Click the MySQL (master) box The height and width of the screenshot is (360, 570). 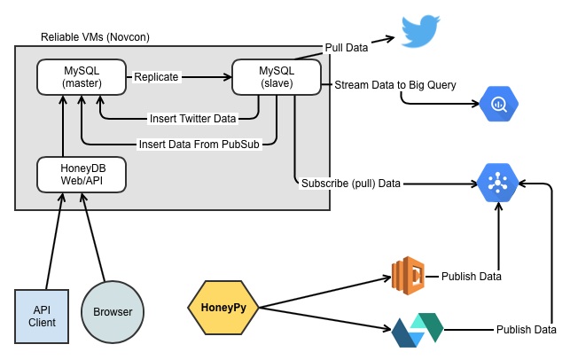pyautogui.click(x=82, y=77)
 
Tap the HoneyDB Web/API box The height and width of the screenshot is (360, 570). pyautogui.click(x=82, y=174)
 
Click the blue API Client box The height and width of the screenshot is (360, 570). pyautogui.click(x=42, y=316)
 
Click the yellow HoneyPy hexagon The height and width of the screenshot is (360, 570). pyautogui.click(x=223, y=308)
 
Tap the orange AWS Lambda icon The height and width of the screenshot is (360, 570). pyautogui.click(x=409, y=276)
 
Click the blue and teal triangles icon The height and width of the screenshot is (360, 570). pyautogui.click(x=418, y=330)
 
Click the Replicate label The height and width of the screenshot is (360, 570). pyautogui.click(x=156, y=77)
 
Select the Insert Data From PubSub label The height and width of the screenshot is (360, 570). pyautogui.click(x=199, y=144)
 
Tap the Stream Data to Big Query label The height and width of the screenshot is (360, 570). pyautogui.click(x=394, y=85)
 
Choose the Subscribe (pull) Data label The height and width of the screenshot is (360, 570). pyautogui.click(x=351, y=184)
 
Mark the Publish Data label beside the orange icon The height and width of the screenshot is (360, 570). pyautogui.click(x=472, y=277)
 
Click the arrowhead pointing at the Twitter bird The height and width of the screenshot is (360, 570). pyautogui.click(x=389, y=38)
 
